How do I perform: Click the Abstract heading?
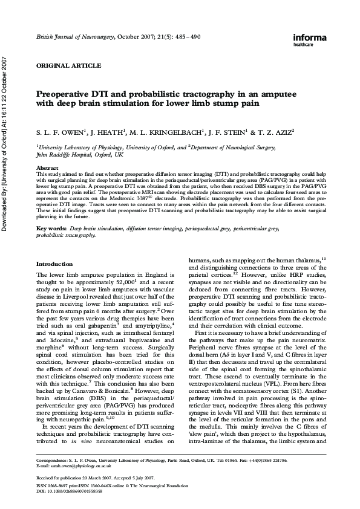[47, 167]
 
